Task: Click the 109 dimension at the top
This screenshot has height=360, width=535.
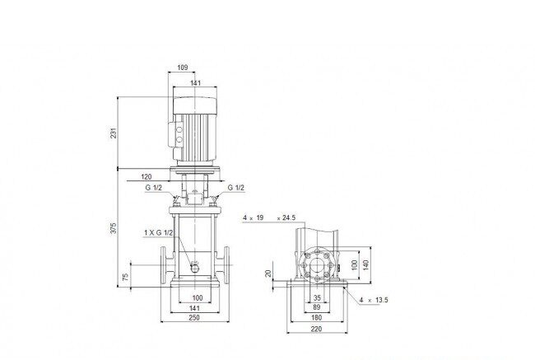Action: tap(183, 68)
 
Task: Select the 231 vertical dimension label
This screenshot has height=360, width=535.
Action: tap(114, 133)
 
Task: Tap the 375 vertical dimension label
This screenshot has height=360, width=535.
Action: tap(114, 228)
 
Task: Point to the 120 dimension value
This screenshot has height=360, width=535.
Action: tap(146, 176)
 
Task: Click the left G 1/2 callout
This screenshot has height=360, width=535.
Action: tap(154, 188)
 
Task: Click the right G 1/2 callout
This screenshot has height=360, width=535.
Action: tap(236, 188)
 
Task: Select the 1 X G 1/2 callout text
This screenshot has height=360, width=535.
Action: tap(158, 232)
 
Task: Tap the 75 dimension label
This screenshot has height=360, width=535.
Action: tap(126, 277)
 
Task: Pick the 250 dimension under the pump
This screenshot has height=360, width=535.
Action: tap(194, 317)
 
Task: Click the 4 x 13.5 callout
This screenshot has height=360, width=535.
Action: tap(374, 300)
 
